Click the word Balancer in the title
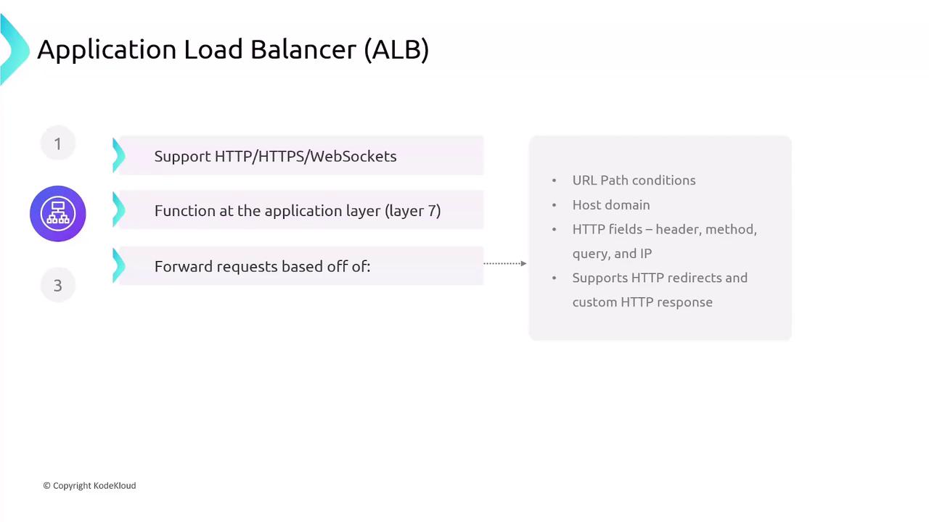click(x=303, y=49)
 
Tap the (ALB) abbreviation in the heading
click(x=396, y=50)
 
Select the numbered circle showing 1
click(x=58, y=144)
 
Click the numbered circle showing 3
click(x=58, y=285)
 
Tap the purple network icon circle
click(x=58, y=214)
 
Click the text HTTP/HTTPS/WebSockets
click(x=306, y=157)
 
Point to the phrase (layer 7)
click(x=413, y=211)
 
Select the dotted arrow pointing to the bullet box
click(x=504, y=263)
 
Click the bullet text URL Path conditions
click(x=634, y=181)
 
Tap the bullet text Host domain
click(x=611, y=205)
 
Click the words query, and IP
click(x=612, y=254)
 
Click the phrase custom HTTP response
click(x=642, y=302)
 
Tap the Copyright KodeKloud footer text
click(x=89, y=486)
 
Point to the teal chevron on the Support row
click(x=118, y=155)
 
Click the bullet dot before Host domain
click(x=554, y=205)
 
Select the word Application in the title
click(x=107, y=50)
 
